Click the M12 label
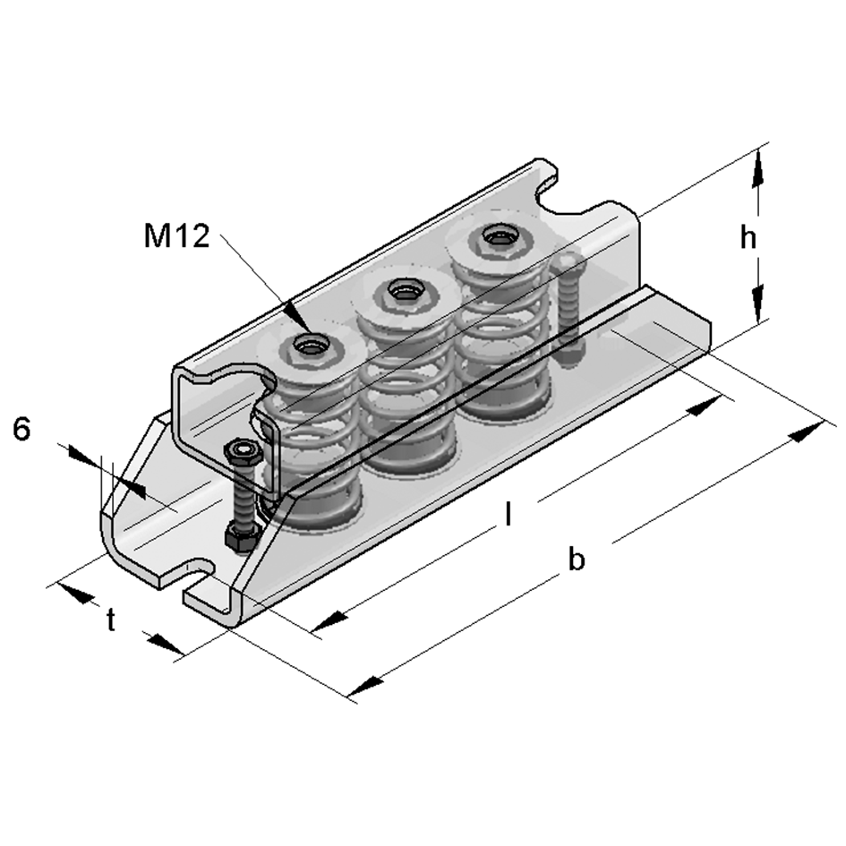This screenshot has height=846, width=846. coord(175,236)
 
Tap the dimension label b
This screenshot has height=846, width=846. coord(577,560)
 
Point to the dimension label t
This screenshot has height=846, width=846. coord(111,620)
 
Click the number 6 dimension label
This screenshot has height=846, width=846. coord(22,430)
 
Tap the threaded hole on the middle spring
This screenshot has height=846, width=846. coord(400,290)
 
